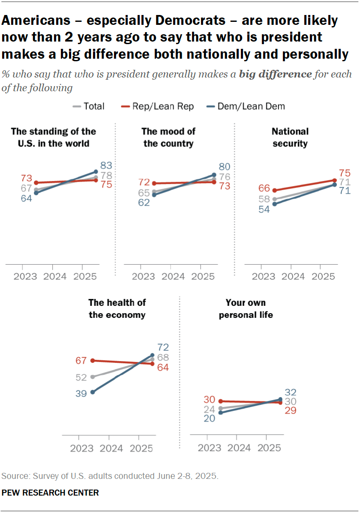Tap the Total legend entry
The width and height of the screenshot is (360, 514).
point(89,106)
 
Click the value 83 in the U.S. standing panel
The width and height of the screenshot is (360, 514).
point(106,165)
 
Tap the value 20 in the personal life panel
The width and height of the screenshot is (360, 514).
point(210,418)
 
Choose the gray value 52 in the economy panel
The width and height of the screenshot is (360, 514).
point(81,377)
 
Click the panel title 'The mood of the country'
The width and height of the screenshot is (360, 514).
point(168,137)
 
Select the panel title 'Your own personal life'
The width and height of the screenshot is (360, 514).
point(246,309)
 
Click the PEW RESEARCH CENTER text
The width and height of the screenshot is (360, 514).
point(50,493)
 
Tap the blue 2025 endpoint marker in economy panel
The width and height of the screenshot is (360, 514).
point(152,355)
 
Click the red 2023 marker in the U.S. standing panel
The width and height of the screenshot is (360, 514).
point(36,182)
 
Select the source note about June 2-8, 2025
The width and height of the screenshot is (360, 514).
point(110,476)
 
